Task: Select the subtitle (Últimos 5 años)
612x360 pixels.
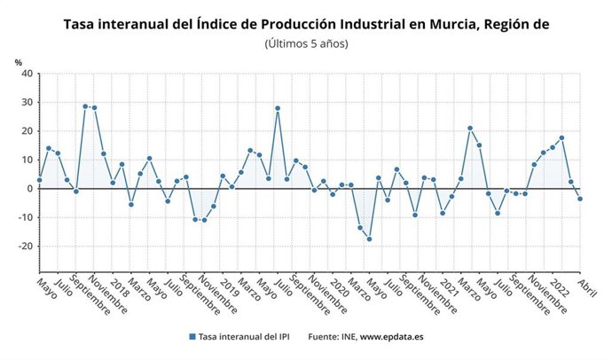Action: [x=306, y=43]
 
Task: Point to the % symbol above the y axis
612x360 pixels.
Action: [x=18, y=61]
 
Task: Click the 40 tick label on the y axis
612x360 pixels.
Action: [x=26, y=74]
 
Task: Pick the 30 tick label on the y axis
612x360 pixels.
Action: [x=26, y=102]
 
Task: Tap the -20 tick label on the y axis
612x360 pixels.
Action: [x=24, y=246]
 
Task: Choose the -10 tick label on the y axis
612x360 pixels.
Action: [x=24, y=217]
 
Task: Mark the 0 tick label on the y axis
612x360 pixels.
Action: [x=29, y=188]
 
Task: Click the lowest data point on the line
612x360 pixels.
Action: [x=369, y=239]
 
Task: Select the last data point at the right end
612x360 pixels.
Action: [x=580, y=199]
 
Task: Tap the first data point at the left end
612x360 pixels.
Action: [x=39, y=180]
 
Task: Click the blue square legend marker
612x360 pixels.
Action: [x=191, y=337]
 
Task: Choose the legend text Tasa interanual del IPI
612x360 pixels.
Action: [x=244, y=337]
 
